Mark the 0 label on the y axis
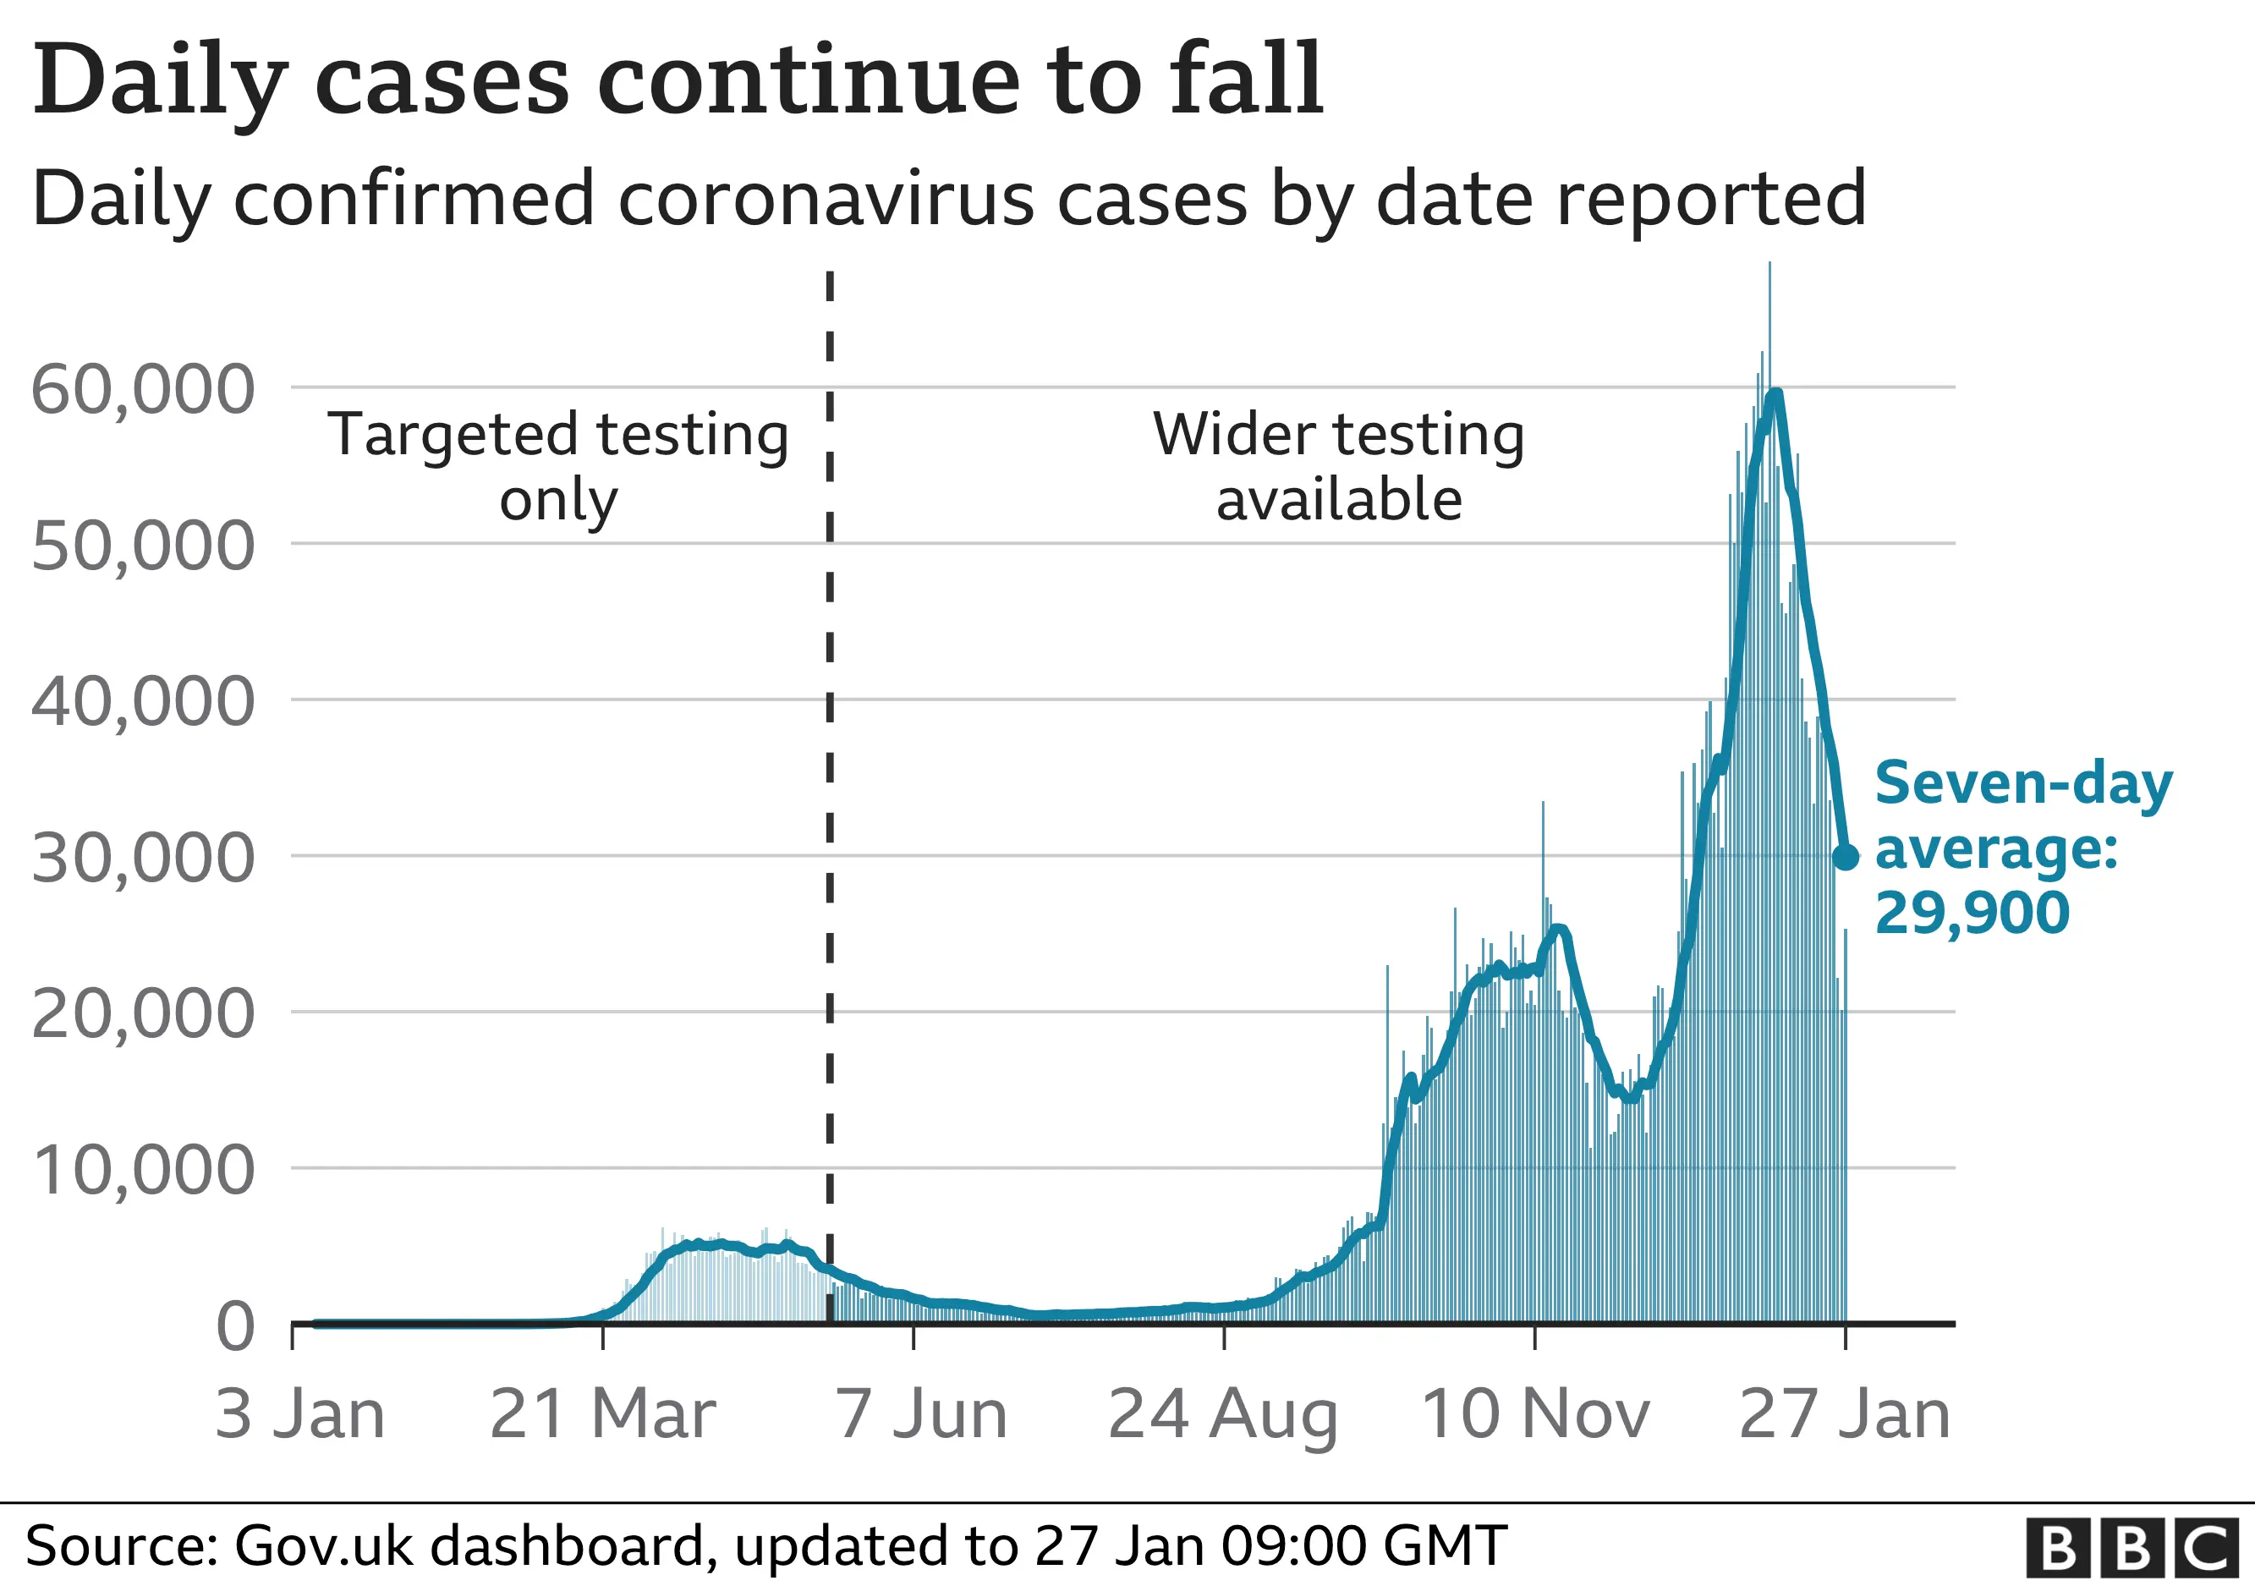[236, 1326]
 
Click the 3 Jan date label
[299, 1415]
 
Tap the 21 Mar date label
[602, 1415]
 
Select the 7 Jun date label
[921, 1415]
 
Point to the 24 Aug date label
[1223, 1415]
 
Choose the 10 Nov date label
[1535, 1415]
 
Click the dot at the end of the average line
[1846, 858]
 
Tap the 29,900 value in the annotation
[1972, 914]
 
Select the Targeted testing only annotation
[558, 466]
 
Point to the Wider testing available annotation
[1339, 466]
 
